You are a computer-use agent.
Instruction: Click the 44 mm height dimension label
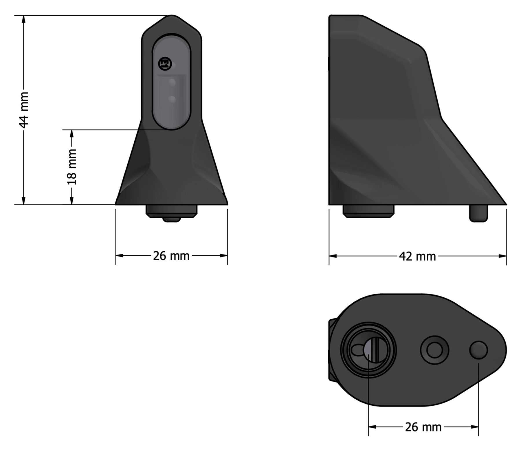[x=24, y=110]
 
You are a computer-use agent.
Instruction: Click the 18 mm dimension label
[x=72, y=167]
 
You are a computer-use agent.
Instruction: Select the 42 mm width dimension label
[x=417, y=256]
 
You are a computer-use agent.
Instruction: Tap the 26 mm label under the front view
[x=171, y=256]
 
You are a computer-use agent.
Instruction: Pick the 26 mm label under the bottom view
[x=423, y=427]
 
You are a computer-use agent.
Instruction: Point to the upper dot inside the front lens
[x=172, y=83]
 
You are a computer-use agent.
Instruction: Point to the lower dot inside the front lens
[x=172, y=100]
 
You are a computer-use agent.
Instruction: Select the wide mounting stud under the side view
[x=368, y=211]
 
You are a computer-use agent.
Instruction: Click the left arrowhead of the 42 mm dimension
[x=333, y=256]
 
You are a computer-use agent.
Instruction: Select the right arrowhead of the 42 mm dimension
[x=502, y=256]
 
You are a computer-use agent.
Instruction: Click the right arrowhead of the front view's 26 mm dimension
[x=223, y=255]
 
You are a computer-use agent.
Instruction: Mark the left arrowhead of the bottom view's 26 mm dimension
[x=373, y=427]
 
